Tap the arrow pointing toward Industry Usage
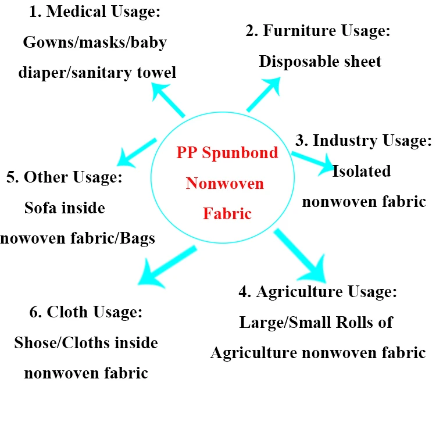(312, 161)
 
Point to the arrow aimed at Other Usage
(137, 151)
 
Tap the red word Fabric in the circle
(227, 213)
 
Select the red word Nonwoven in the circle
(225, 184)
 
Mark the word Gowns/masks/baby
(94, 42)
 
